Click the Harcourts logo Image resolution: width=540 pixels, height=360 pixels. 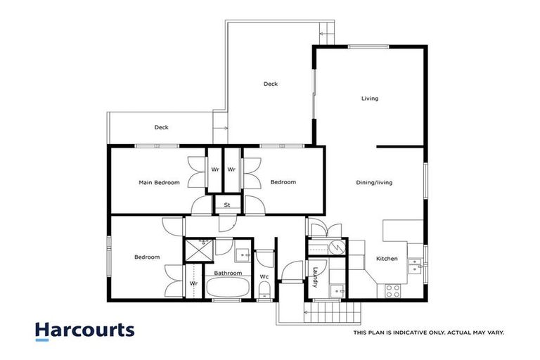(84, 330)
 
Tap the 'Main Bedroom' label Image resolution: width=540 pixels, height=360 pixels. (158, 183)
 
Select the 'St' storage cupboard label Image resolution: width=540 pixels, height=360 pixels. (227, 205)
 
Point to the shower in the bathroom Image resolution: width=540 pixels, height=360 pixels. (199, 249)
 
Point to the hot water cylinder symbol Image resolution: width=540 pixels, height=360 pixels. (337, 247)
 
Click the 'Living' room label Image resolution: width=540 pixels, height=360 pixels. (370, 98)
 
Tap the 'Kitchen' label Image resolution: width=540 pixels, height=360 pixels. (387, 259)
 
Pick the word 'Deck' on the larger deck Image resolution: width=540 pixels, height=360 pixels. (271, 84)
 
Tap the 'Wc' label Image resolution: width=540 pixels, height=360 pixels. (264, 276)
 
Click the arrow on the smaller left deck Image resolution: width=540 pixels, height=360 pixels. (223, 128)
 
